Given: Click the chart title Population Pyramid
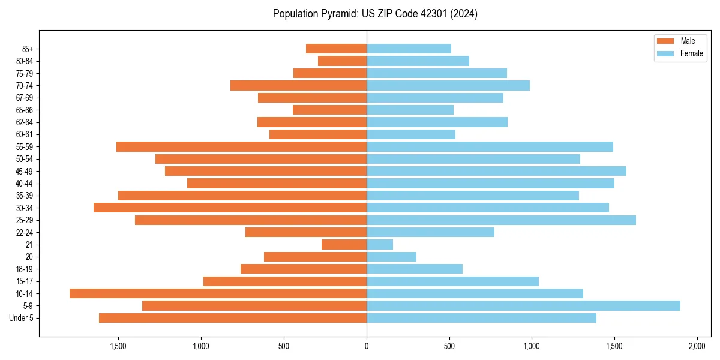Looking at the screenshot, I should click(x=375, y=14).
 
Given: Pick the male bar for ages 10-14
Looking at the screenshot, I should click(x=218, y=293).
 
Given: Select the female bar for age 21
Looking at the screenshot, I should click(x=380, y=244).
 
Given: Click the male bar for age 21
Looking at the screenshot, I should click(x=344, y=244).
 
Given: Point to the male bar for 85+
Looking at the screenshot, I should click(x=336, y=49).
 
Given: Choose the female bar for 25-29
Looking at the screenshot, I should click(x=501, y=220).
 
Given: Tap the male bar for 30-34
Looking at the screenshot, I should click(x=230, y=208).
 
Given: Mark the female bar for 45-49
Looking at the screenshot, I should click(x=496, y=171).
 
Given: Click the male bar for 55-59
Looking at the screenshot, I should click(x=241, y=146).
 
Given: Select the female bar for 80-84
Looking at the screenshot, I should click(x=418, y=61).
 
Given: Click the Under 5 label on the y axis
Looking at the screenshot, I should click(x=21, y=318).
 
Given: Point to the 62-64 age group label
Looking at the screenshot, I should click(x=25, y=122).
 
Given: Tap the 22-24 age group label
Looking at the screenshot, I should click(x=25, y=232).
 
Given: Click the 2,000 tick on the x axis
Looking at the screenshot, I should click(x=697, y=346).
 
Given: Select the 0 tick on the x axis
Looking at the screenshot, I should click(x=367, y=346).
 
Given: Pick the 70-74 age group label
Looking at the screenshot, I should click(x=25, y=85).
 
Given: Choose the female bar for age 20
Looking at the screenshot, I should click(x=391, y=257).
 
